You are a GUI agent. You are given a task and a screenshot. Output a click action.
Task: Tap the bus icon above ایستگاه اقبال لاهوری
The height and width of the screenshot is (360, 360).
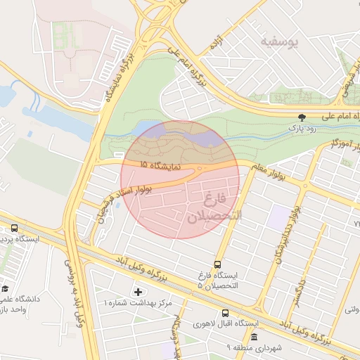225,313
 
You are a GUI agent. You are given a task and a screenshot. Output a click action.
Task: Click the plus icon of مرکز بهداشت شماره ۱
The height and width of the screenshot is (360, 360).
138,291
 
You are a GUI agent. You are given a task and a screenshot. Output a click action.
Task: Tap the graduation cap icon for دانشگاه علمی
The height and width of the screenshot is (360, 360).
5,288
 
